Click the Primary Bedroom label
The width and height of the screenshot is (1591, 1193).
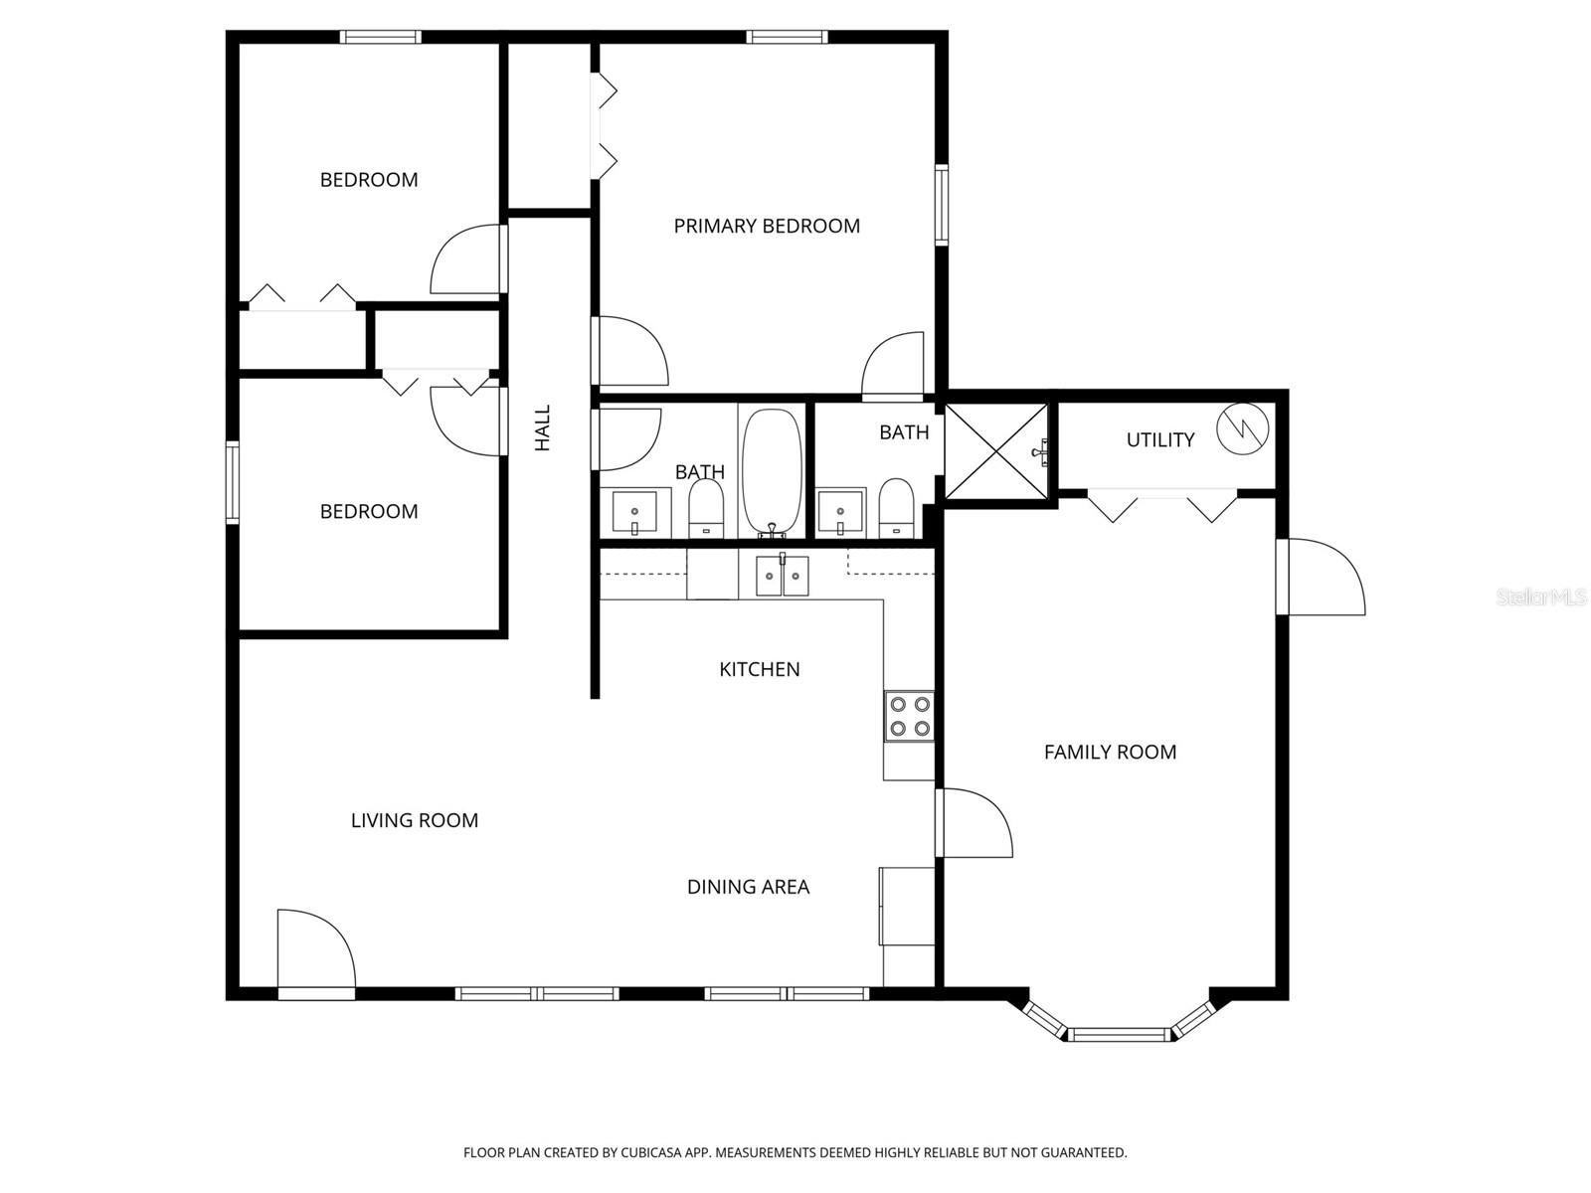coord(767,226)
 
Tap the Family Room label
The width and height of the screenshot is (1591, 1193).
coord(1110,753)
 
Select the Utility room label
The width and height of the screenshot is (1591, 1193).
coord(1159,439)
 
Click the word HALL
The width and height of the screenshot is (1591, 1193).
coord(543,427)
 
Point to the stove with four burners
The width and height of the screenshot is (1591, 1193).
coord(910,717)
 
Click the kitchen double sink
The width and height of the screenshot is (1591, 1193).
coord(783,576)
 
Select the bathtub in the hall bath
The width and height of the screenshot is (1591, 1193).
coord(773,473)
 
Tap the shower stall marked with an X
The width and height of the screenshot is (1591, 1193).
coord(995,451)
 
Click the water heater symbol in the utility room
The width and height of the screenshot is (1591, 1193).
coord(1243,428)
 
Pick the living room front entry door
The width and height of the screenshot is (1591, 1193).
coord(314,954)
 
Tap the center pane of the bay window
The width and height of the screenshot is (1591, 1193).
coord(1119,1034)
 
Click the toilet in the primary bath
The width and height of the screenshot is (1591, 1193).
coord(896,507)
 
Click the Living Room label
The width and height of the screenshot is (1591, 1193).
coord(415,821)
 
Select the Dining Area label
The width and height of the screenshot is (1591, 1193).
coord(748,887)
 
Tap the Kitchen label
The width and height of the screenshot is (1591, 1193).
coord(760,669)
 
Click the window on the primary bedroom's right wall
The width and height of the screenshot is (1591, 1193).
coord(941,205)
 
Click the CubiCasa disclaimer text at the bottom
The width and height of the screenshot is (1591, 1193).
coord(795,1153)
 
